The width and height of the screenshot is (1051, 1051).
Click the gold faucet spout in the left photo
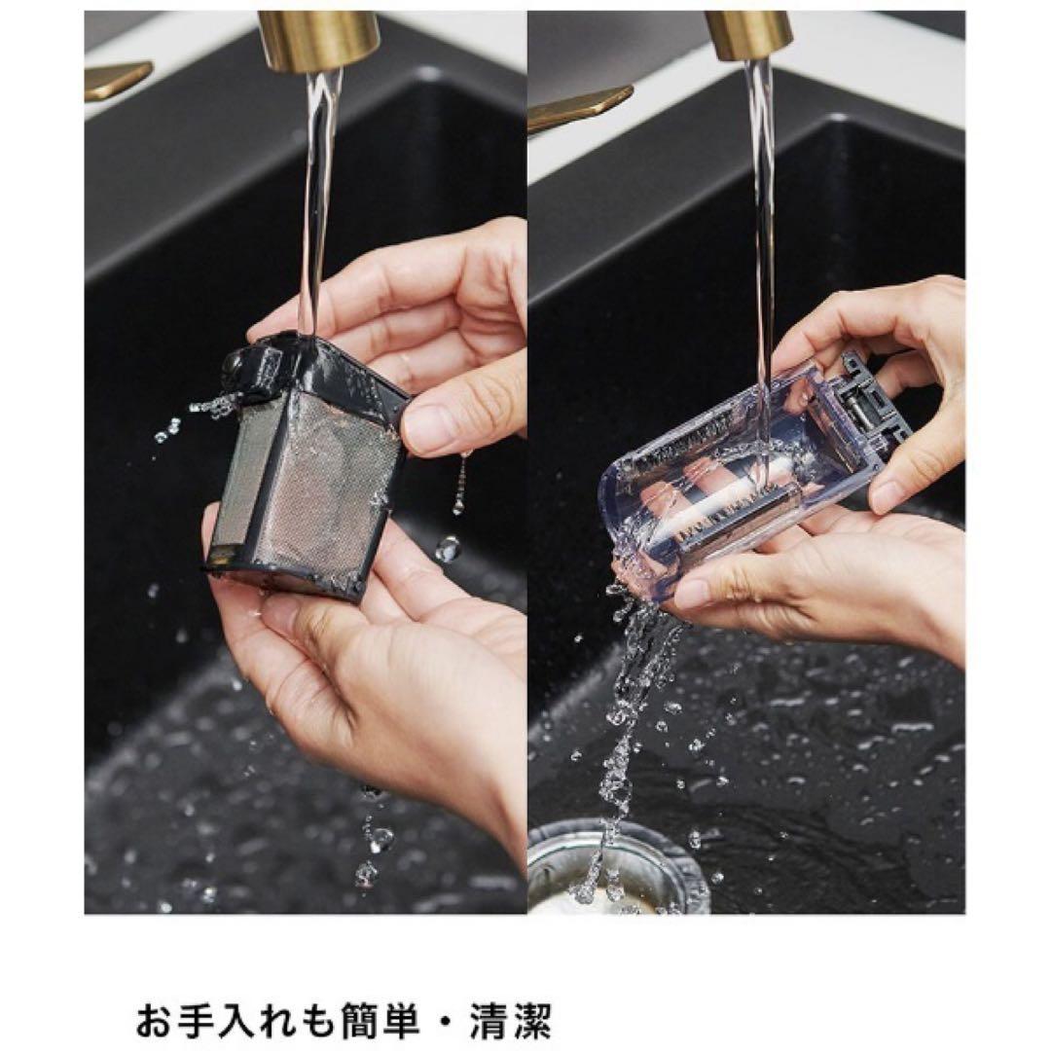click(x=318, y=40)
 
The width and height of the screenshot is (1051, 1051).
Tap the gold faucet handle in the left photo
click(x=117, y=79)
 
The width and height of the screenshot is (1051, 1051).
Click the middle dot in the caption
click(x=447, y=1021)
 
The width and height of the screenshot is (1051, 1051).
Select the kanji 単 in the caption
click(x=405, y=1020)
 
